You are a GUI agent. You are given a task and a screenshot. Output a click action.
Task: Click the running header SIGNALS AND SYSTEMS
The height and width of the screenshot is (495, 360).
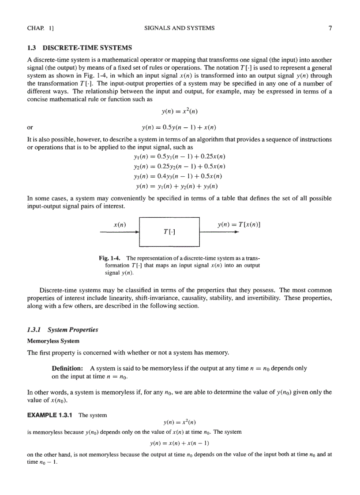[180, 28]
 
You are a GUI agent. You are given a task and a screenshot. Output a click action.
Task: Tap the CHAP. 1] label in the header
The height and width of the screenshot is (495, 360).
[40, 28]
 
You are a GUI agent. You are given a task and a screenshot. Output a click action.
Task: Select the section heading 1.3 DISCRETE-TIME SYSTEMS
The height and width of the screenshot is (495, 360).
[79, 48]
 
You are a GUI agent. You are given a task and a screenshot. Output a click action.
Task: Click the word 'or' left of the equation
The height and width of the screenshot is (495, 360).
[30, 128]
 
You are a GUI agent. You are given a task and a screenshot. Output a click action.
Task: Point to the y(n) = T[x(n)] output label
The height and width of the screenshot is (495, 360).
[239, 224]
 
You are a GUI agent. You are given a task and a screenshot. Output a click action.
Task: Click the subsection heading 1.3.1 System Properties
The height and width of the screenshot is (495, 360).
[63, 330]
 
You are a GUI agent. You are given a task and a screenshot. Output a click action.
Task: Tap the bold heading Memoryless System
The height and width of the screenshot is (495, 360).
[53, 341]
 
